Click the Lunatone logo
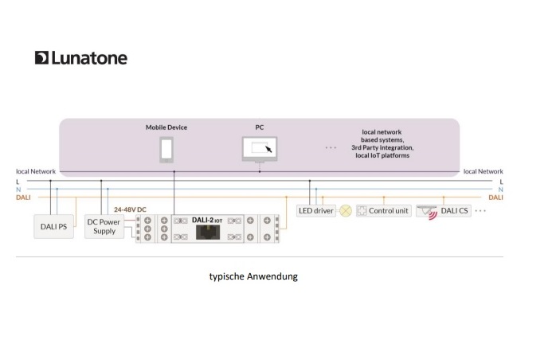pyautogui.click(x=80, y=58)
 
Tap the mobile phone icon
pyautogui.click(x=166, y=149)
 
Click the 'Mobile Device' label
pyautogui.click(x=166, y=127)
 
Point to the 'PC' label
pyautogui.click(x=259, y=127)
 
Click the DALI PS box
pyautogui.click(x=54, y=225)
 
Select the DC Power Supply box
pyautogui.click(x=104, y=226)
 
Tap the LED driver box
pyautogui.click(x=315, y=211)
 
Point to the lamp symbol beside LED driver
pyautogui.click(x=346, y=211)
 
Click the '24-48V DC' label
pyautogui.click(x=130, y=209)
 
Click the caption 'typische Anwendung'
pyautogui.click(x=253, y=276)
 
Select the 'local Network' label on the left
pyautogui.click(x=37, y=171)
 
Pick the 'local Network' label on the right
pyautogui.click(x=483, y=171)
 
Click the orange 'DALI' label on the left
pyautogui.click(x=23, y=198)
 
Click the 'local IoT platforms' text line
pyautogui.click(x=383, y=156)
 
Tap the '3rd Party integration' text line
pyautogui.click(x=383, y=147)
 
